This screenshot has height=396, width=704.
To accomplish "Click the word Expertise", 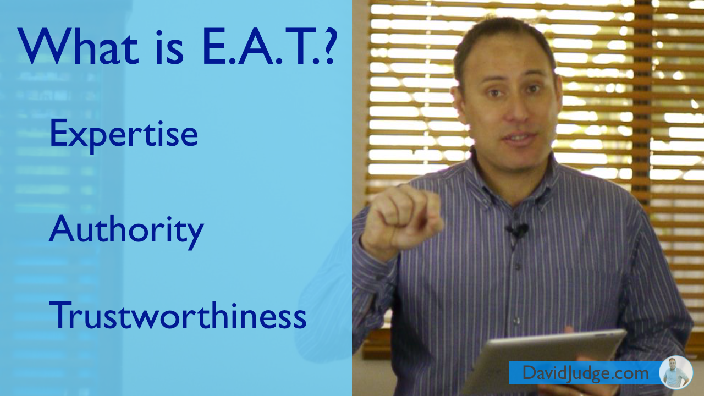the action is tap(124, 135).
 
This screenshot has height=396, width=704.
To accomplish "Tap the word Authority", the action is tap(127, 232).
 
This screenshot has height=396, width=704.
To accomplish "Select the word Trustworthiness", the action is tap(178, 315).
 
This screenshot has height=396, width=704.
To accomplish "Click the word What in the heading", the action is tap(78, 46).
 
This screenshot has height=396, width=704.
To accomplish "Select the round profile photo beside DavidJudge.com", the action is tap(676, 373).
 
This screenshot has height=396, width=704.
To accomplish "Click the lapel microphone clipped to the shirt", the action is tap(518, 230).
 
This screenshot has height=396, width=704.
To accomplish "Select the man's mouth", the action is tap(520, 137).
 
